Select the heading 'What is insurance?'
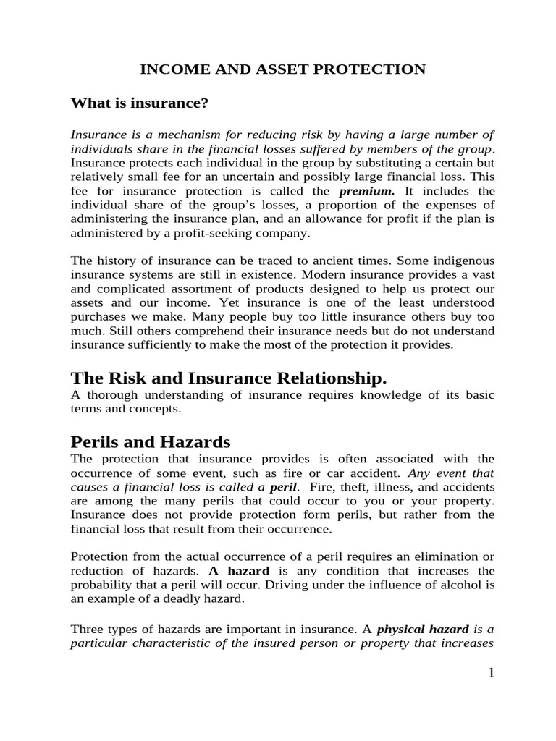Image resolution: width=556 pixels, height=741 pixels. coord(139,103)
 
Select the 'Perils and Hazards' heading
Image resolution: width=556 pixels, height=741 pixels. coord(150,441)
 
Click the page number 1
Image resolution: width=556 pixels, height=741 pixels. coord(490,674)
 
